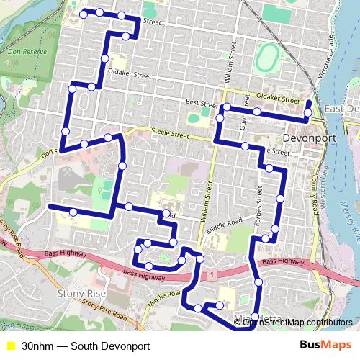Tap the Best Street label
point(200,103)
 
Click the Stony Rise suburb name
point(81,294)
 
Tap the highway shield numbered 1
point(214,274)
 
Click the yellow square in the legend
point(10,346)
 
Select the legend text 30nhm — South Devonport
point(86,346)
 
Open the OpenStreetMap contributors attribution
point(297,323)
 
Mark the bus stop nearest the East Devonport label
point(308,112)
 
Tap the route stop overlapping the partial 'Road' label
point(166,214)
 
